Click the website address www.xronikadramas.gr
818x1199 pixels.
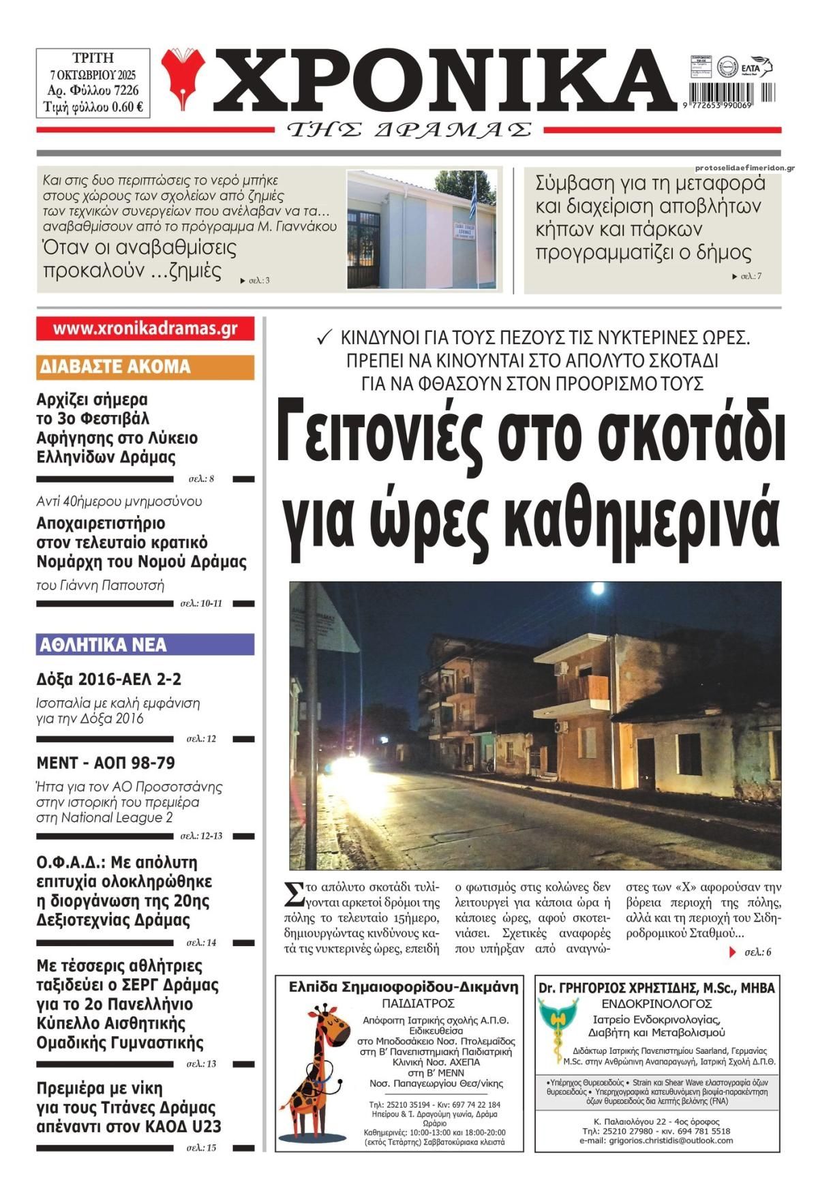point(145,328)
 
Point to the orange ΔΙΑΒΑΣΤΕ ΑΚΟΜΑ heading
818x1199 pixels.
point(115,367)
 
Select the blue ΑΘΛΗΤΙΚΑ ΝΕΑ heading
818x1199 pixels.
point(104,644)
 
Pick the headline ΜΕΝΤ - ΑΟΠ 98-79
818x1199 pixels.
point(106,762)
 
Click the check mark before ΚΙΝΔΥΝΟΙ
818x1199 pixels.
point(325,337)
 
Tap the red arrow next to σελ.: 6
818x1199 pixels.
point(732,952)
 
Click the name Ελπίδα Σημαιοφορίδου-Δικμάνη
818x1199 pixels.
point(403,987)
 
